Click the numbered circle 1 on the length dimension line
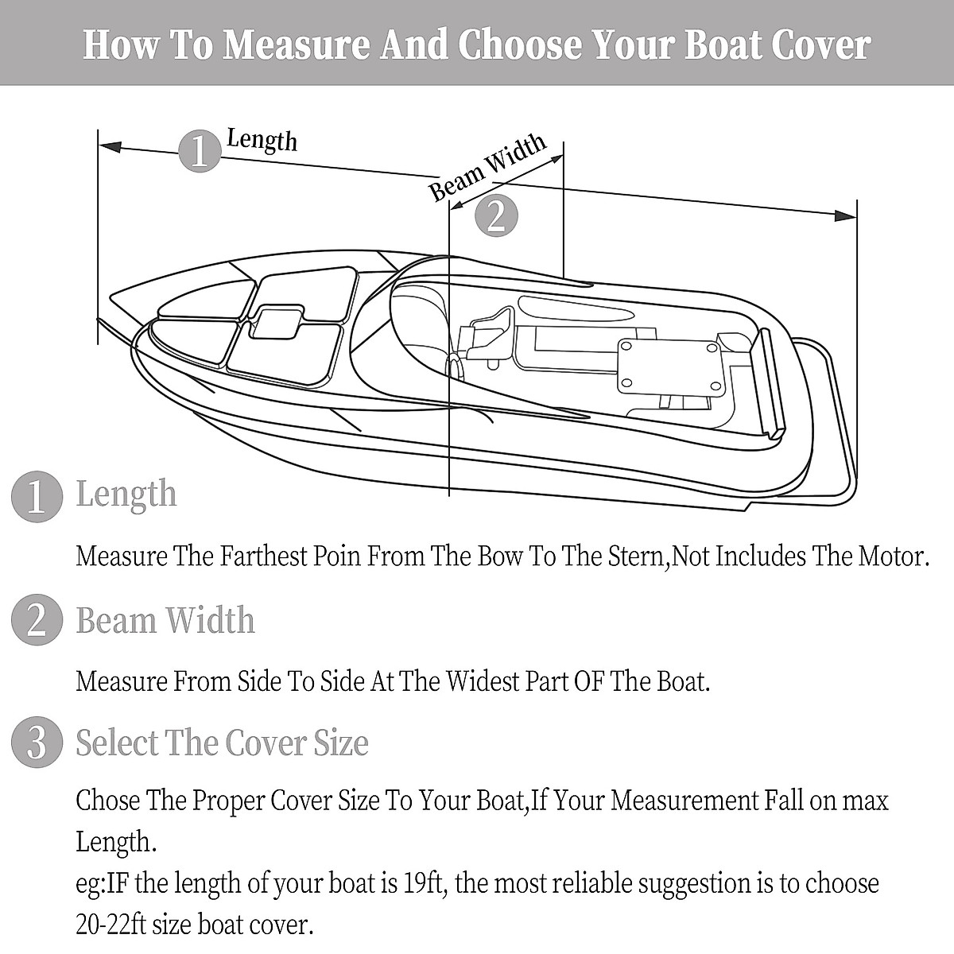pos(198,150)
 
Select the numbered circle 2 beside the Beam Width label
pos(495,215)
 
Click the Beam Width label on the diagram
pos(487,167)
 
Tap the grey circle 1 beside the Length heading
pos(37,497)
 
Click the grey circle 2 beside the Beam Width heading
pos(37,621)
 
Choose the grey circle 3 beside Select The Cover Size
pos(37,744)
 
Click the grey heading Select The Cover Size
pos(222,743)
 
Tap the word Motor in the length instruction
pos(892,556)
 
